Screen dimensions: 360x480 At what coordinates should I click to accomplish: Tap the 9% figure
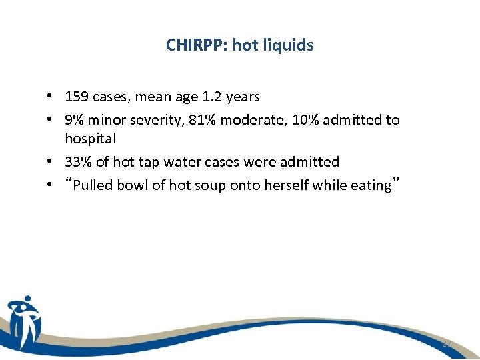[x=73, y=120]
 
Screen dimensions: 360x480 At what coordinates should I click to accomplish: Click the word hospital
[x=90, y=139]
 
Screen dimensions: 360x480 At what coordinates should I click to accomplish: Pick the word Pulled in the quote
[x=93, y=185]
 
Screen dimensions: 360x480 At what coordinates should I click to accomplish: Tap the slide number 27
[x=445, y=343]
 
